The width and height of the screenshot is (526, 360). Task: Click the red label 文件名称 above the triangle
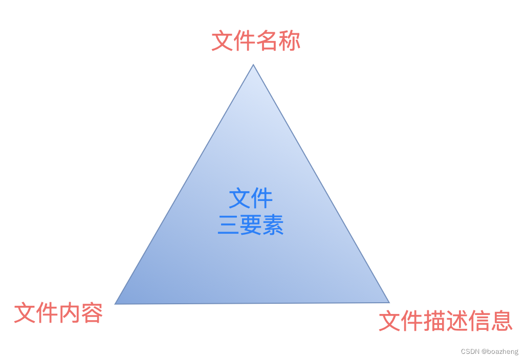click(256, 41)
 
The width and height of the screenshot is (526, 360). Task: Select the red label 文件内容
click(58, 313)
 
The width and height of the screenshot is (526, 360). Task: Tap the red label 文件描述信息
click(446, 321)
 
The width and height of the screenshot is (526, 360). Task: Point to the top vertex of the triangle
click(253, 64)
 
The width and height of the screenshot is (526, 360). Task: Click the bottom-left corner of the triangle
click(115, 304)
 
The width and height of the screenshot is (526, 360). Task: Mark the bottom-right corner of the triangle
click(389, 302)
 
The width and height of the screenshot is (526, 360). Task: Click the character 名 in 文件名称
click(267, 41)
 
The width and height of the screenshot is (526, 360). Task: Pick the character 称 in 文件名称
click(290, 41)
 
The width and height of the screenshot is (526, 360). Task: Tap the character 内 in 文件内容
click(70, 313)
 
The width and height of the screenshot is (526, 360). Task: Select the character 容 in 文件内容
click(92, 313)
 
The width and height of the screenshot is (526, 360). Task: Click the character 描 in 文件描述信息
click(434, 321)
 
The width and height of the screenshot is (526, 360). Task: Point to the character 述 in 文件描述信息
click(457, 321)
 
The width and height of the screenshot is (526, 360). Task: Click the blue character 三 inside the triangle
click(228, 225)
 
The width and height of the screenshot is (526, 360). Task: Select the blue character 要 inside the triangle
click(251, 225)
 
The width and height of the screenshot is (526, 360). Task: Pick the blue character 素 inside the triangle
click(273, 225)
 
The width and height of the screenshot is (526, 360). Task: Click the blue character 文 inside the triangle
click(239, 198)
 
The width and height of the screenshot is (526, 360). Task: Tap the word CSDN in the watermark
click(469, 352)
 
